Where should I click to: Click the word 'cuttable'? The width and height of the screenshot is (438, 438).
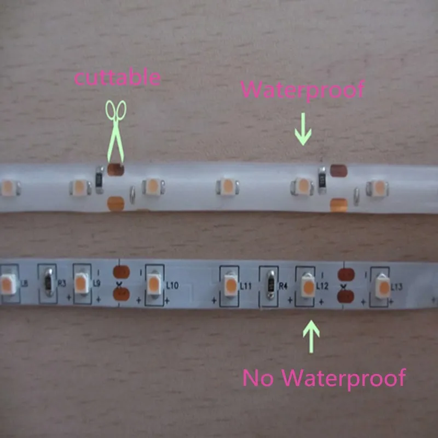pos(117,77)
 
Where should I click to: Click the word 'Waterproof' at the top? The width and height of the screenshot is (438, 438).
pos(303,89)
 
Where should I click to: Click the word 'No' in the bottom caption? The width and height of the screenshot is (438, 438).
pos(256,377)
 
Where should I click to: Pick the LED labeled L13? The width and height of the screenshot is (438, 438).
pos(382,286)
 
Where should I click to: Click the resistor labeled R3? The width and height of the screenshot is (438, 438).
pos(49,281)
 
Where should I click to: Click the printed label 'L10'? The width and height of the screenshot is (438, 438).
pos(172,285)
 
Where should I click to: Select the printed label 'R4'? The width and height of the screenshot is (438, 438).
pos(283,286)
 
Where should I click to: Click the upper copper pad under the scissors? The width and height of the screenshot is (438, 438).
pos(116,170)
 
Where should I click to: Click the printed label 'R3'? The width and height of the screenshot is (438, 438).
pos(61,283)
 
